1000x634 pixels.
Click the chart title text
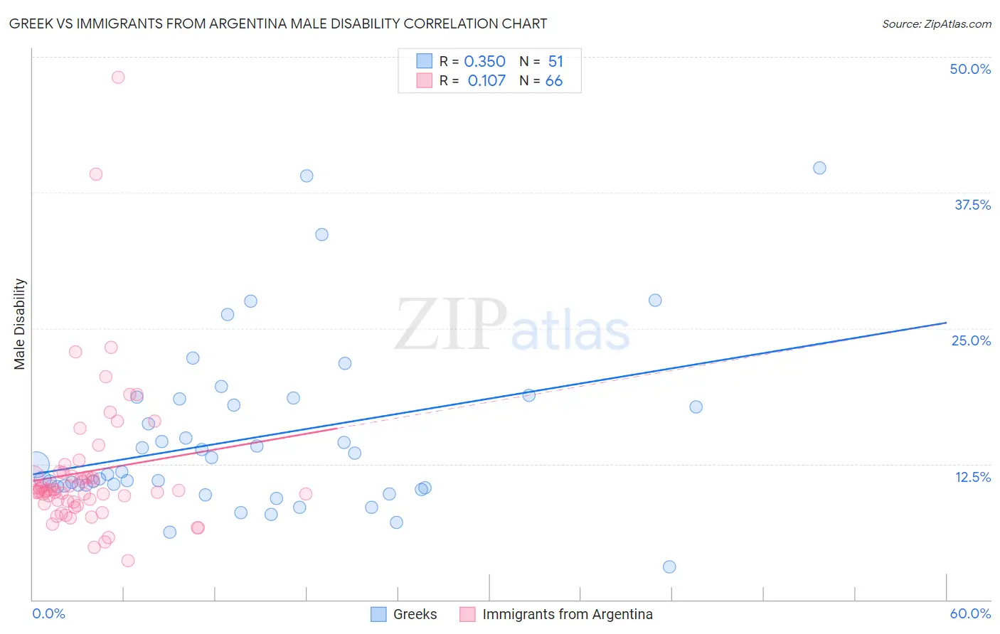pos(278,23)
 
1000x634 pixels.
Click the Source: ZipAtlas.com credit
pos(936,23)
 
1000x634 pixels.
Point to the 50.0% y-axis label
pos(970,69)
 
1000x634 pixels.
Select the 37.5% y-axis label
pos(972,205)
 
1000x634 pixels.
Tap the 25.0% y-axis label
pos(971,340)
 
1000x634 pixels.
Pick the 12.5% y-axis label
pos(972,476)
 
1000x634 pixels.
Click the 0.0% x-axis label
pos(48,613)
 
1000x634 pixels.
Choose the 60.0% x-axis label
pos(970,613)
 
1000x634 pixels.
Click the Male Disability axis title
pos(20,323)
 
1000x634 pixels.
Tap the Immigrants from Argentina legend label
pos(567,614)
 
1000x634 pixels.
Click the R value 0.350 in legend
pos(484,62)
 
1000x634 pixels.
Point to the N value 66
pos(553,81)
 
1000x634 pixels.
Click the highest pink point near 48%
pos(118,77)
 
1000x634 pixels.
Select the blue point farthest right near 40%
pos(819,168)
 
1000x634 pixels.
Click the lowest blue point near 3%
pos(669,567)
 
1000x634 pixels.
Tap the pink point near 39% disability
pos(96,174)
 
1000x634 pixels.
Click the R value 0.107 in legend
pos(486,81)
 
